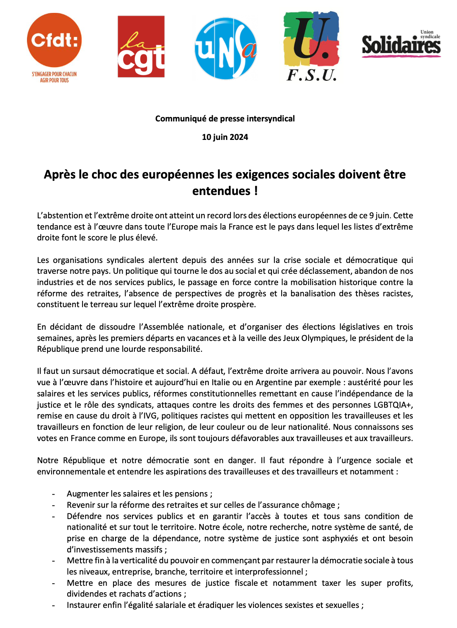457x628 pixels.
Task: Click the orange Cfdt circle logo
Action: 54,40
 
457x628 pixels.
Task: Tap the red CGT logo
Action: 141,47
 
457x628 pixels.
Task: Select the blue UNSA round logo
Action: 226,48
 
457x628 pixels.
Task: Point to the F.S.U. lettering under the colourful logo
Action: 311,75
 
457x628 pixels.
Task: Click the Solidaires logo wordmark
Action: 401,45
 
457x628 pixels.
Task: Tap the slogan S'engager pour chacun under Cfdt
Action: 54,74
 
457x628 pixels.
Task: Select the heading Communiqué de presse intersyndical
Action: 225,119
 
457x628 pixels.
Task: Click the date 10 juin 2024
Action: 225,137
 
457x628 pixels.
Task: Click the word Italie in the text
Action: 239,382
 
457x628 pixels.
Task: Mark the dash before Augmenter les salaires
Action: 54,494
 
